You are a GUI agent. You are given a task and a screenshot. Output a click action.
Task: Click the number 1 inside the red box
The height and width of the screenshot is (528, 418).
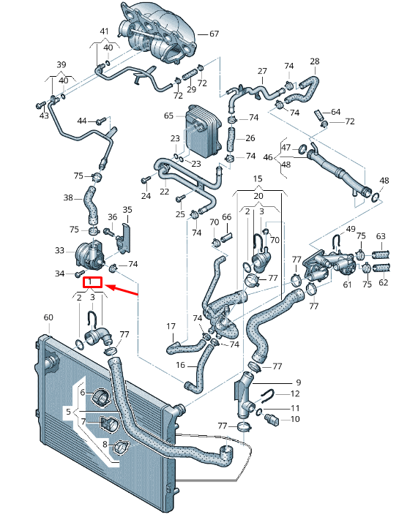point(92,282)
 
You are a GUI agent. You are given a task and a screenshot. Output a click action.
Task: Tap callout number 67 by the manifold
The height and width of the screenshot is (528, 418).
point(214,34)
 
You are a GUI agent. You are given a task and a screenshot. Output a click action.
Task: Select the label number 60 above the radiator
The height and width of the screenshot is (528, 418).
point(48,317)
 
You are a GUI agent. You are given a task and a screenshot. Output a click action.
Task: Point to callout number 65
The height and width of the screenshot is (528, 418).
point(168,116)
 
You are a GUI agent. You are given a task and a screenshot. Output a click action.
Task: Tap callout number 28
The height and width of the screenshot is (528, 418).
point(315,61)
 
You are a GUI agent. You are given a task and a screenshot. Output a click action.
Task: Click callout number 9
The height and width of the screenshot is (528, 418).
point(298,382)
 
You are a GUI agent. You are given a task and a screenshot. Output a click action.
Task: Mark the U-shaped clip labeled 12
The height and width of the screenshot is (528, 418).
point(268,396)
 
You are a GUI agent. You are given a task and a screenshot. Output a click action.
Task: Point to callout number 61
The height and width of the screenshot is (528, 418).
point(347,284)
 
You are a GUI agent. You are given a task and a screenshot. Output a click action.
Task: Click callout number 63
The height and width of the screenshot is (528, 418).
point(381,236)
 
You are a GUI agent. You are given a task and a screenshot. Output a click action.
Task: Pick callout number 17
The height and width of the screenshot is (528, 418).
point(171,326)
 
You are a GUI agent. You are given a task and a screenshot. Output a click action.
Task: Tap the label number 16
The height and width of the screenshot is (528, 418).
point(179,364)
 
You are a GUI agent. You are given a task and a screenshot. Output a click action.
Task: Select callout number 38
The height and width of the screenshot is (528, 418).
point(68,198)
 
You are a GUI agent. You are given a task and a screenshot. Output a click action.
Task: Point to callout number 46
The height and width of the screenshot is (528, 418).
point(268,157)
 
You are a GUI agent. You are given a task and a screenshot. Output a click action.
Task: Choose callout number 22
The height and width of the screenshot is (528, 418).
point(165,191)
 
